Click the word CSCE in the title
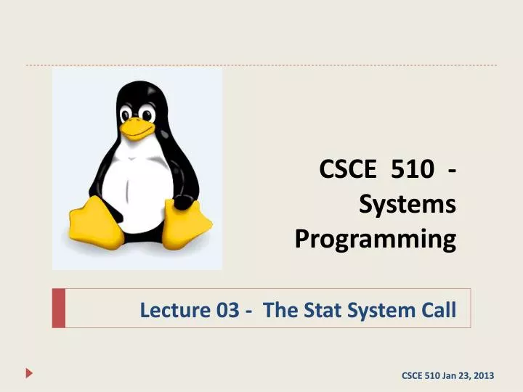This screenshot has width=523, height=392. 348,173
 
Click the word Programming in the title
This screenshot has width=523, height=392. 376,238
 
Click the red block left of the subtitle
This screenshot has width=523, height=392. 59,308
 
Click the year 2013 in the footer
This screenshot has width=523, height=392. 480,375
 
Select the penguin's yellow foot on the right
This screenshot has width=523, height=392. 186,221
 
